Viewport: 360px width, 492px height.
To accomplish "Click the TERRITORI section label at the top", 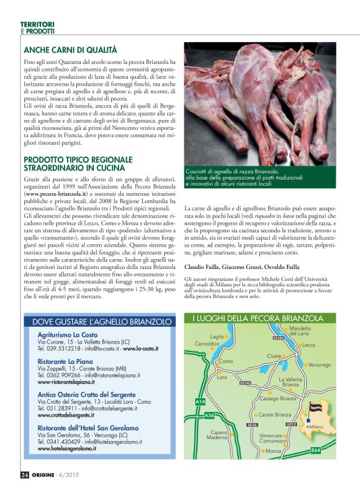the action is (37, 24).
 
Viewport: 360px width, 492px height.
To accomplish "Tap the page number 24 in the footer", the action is (25, 475).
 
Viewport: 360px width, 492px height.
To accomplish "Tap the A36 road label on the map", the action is (209, 415).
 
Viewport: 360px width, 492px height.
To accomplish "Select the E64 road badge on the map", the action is (315, 449).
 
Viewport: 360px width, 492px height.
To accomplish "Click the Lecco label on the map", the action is (309, 345).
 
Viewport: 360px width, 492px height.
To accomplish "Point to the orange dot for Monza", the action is (263, 451).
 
